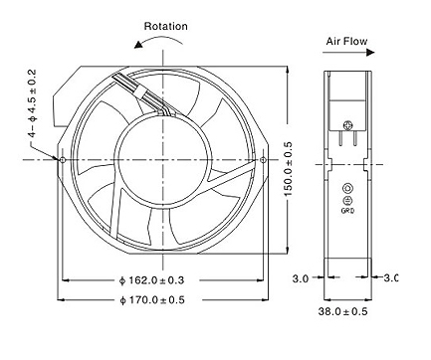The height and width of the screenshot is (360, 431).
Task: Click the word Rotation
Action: tap(166, 26)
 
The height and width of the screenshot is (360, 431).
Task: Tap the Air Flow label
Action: tap(346, 42)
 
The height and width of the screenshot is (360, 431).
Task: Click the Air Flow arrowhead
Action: tap(370, 53)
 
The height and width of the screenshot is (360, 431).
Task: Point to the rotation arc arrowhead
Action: tap(139, 45)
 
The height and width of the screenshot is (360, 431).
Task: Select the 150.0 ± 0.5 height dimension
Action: tap(288, 168)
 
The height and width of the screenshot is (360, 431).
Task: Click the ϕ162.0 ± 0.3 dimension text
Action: tap(151, 280)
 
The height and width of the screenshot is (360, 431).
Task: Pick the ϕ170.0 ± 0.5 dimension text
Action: tap(152, 300)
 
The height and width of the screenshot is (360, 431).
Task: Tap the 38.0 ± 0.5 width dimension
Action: tap(343, 311)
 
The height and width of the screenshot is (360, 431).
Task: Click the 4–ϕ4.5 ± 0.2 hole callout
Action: tap(33, 103)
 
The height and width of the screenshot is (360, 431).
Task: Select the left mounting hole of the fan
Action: tap(63, 160)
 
